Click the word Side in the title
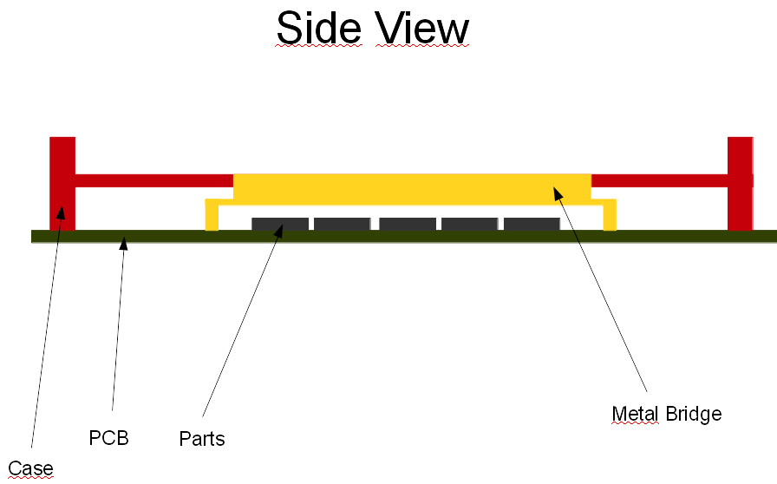tap(320, 29)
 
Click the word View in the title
tap(422, 29)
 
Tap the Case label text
tap(30, 468)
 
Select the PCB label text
tap(108, 438)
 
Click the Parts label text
tap(202, 439)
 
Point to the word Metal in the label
tap(636, 414)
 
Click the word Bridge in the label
tap(694, 414)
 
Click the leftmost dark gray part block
tap(279, 224)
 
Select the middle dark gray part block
tap(407, 224)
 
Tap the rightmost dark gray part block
tap(531, 224)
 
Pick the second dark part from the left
tap(342, 224)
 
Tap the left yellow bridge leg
tap(212, 216)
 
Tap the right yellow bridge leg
tap(610, 216)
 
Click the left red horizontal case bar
tap(154, 180)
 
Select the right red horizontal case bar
tap(659, 180)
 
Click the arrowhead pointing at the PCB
tap(124, 244)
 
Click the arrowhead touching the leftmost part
tap(278, 229)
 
